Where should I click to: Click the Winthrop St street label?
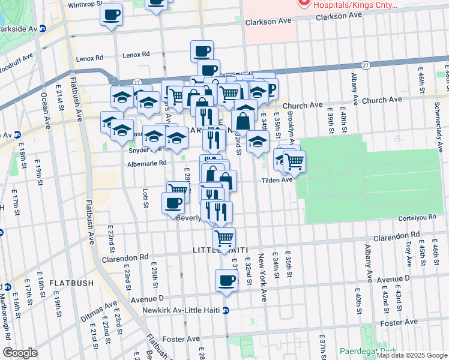pyautogui.click(x=86, y=4)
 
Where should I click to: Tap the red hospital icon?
pyautogui.click(x=304, y=3)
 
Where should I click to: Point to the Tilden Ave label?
pyautogui.click(x=276, y=179)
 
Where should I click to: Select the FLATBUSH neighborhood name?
pyautogui.click(x=71, y=283)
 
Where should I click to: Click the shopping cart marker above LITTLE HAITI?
pyautogui.click(x=224, y=238)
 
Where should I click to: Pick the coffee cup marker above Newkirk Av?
pyautogui.click(x=227, y=280)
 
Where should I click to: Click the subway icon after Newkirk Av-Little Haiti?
pyautogui.click(x=226, y=310)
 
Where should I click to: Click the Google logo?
pyautogui.click(x=20, y=353)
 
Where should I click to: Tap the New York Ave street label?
pyautogui.click(x=262, y=277)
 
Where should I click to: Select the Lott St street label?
pyautogui.click(x=145, y=197)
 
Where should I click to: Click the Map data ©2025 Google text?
pyautogui.click(x=411, y=355)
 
